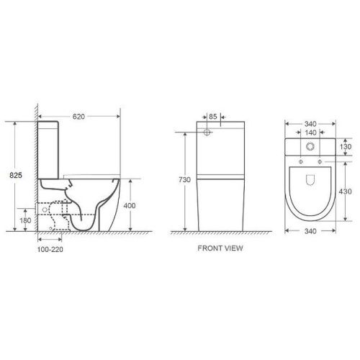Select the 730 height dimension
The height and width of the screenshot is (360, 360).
pos(186,180)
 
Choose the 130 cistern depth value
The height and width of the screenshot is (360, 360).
pos(346,146)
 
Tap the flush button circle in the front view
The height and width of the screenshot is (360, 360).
pos(207,132)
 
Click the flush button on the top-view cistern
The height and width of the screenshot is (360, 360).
pos(312,148)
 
